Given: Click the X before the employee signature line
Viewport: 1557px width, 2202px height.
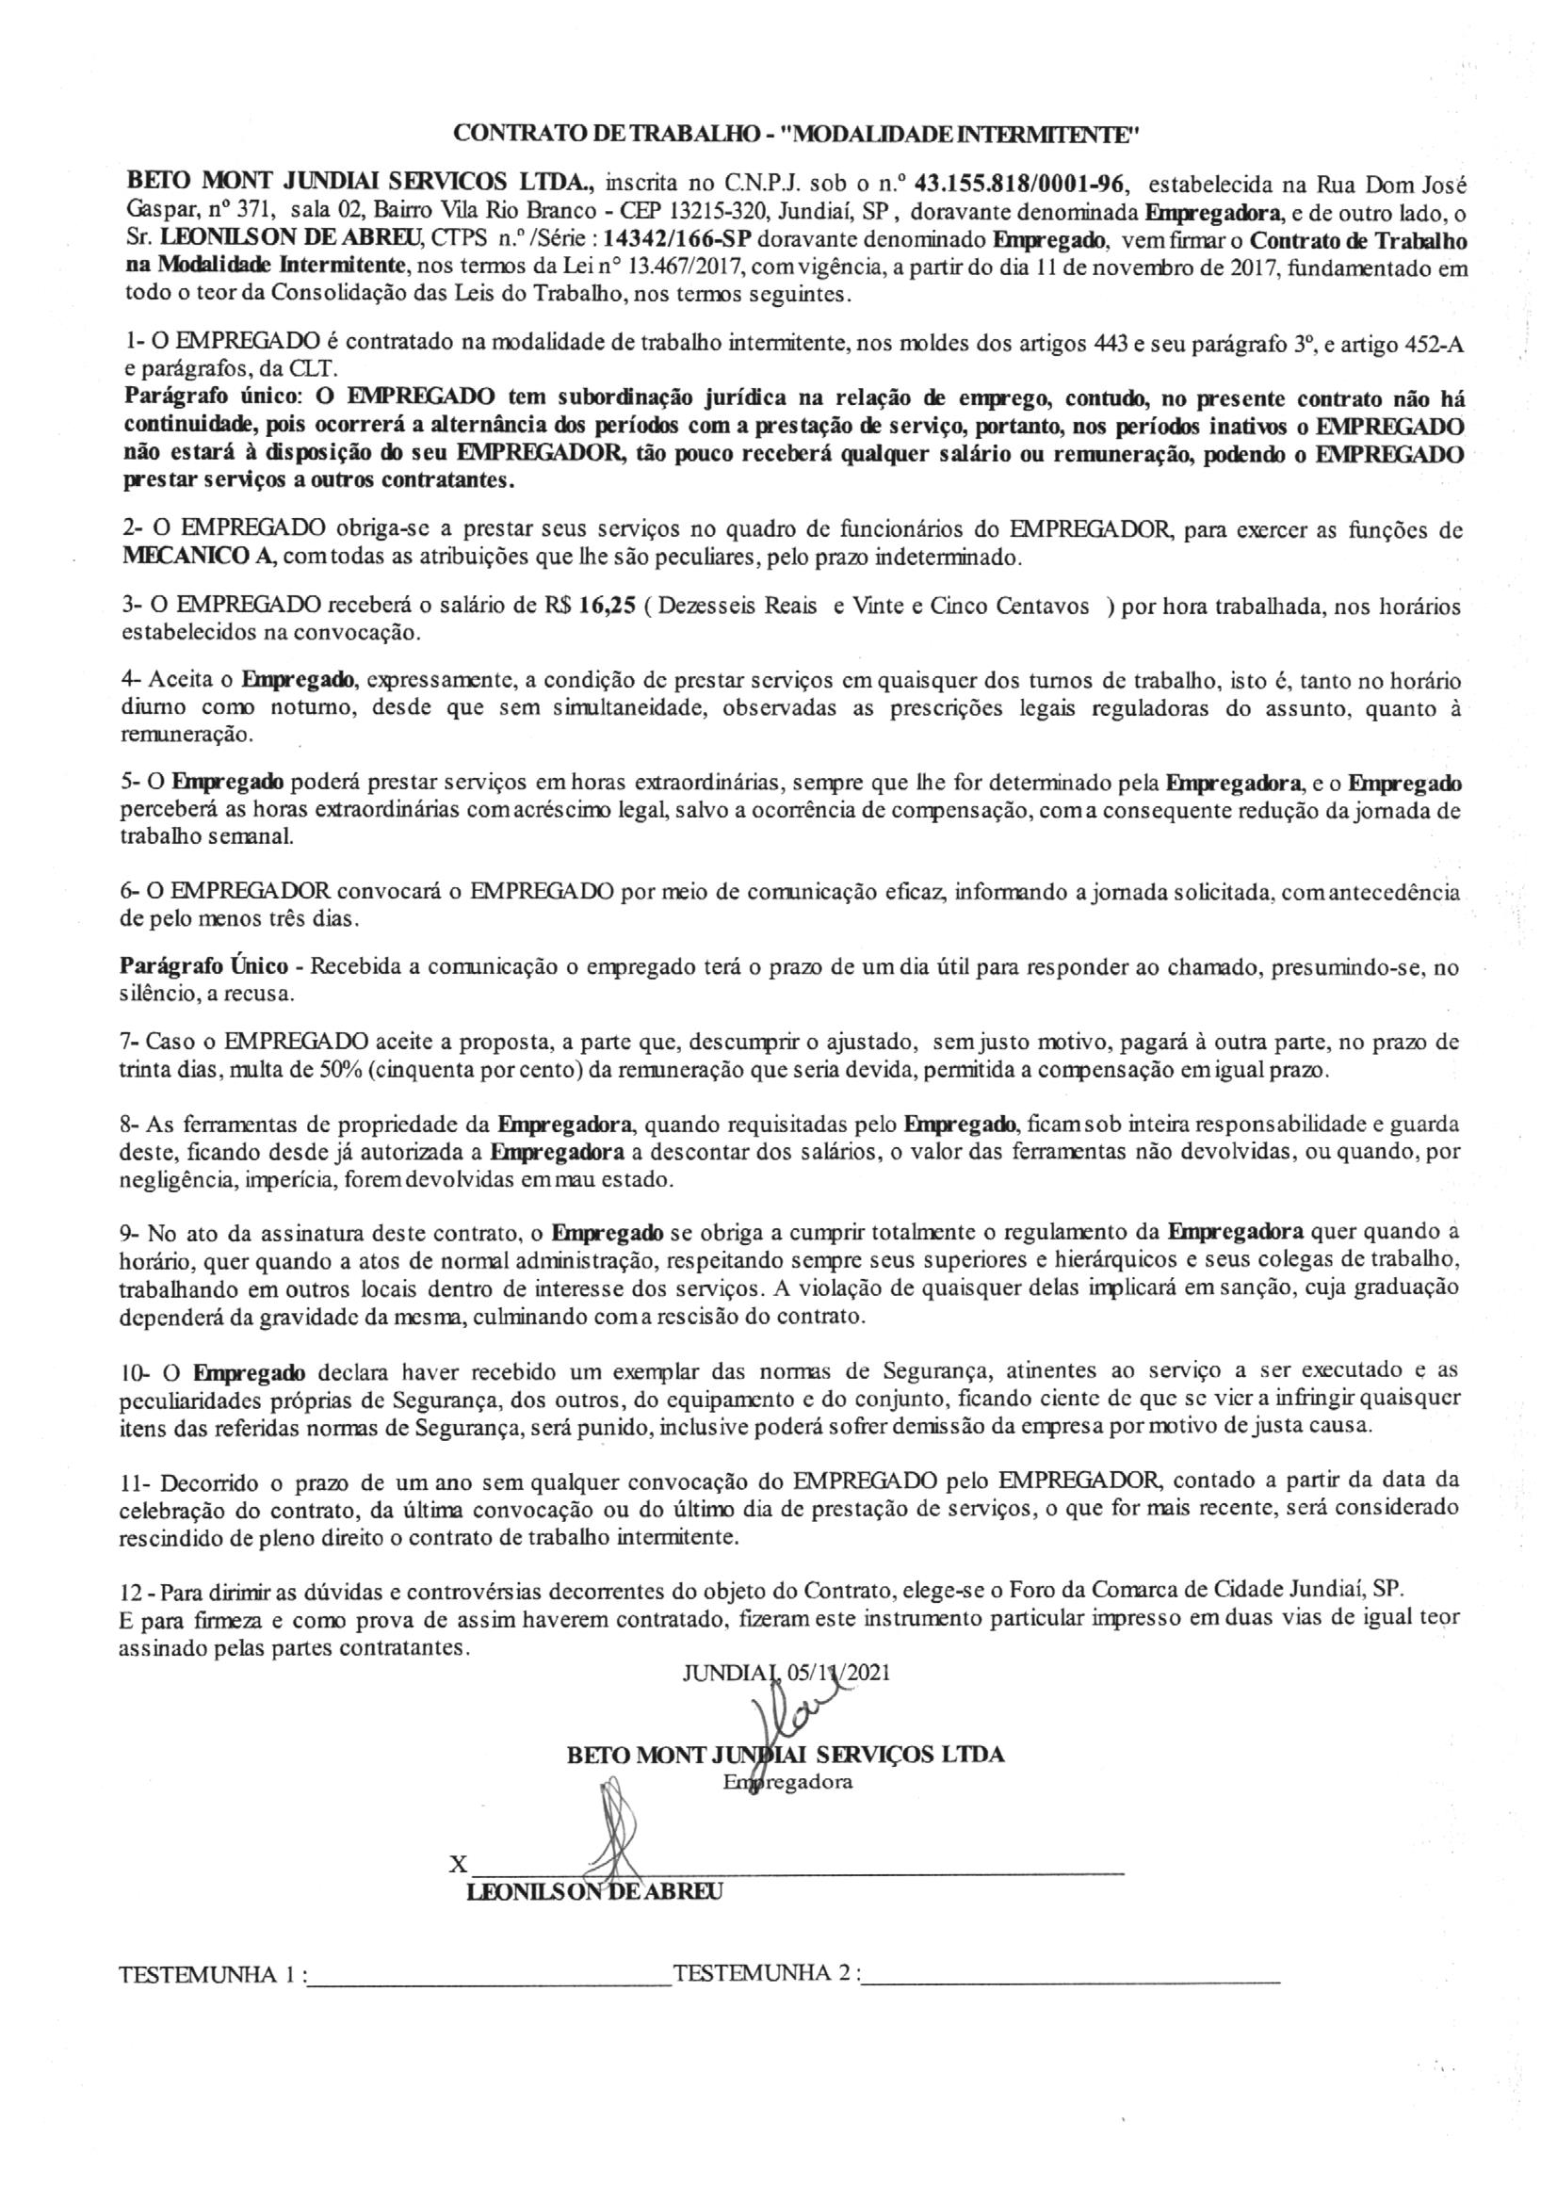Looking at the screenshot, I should point(460,1865).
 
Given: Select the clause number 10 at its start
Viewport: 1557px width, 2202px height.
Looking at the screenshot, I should point(135,1370).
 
